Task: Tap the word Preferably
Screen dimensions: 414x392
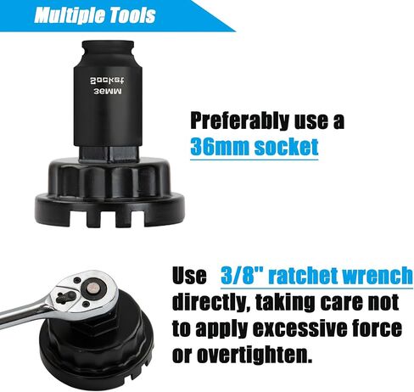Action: [x=240, y=121]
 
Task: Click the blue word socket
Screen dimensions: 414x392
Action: [x=286, y=147]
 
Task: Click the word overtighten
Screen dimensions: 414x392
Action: [x=255, y=354]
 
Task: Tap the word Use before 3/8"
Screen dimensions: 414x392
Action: [x=189, y=275]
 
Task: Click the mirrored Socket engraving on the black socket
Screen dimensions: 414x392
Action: [x=107, y=81]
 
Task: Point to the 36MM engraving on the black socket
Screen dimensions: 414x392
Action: [x=107, y=92]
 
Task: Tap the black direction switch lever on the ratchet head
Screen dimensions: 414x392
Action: [x=66, y=297]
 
